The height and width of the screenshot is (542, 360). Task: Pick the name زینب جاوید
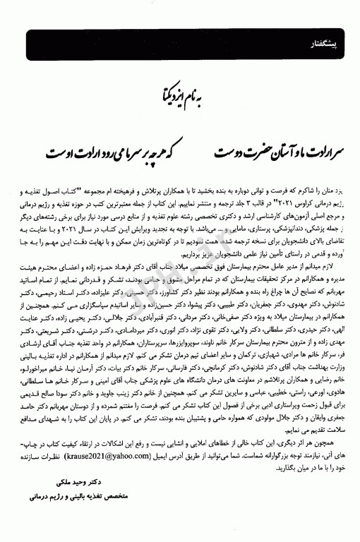(161, 391)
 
